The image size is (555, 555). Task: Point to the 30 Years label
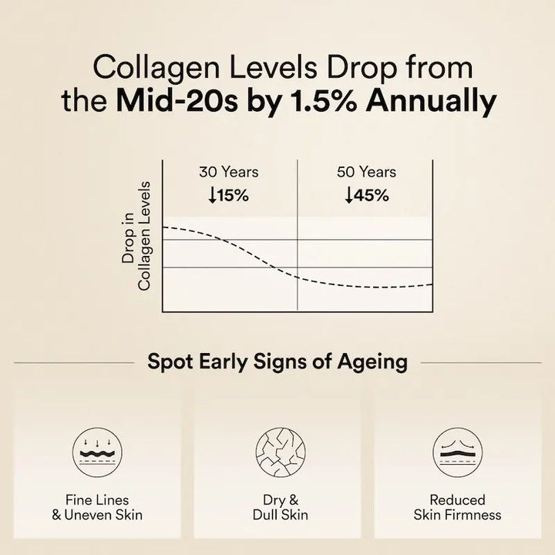[229, 172]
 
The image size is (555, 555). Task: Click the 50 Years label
[366, 172]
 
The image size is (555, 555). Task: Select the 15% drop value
[234, 195]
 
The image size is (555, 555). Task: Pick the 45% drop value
[372, 195]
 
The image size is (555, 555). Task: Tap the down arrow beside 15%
[212, 196]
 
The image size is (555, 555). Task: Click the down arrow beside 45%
[349, 196]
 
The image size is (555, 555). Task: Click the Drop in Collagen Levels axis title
[136, 237]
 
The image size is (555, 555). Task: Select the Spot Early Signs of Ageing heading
[277, 361]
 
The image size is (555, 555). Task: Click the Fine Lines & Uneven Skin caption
[97, 507]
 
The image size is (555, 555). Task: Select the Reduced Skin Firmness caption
[457, 507]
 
